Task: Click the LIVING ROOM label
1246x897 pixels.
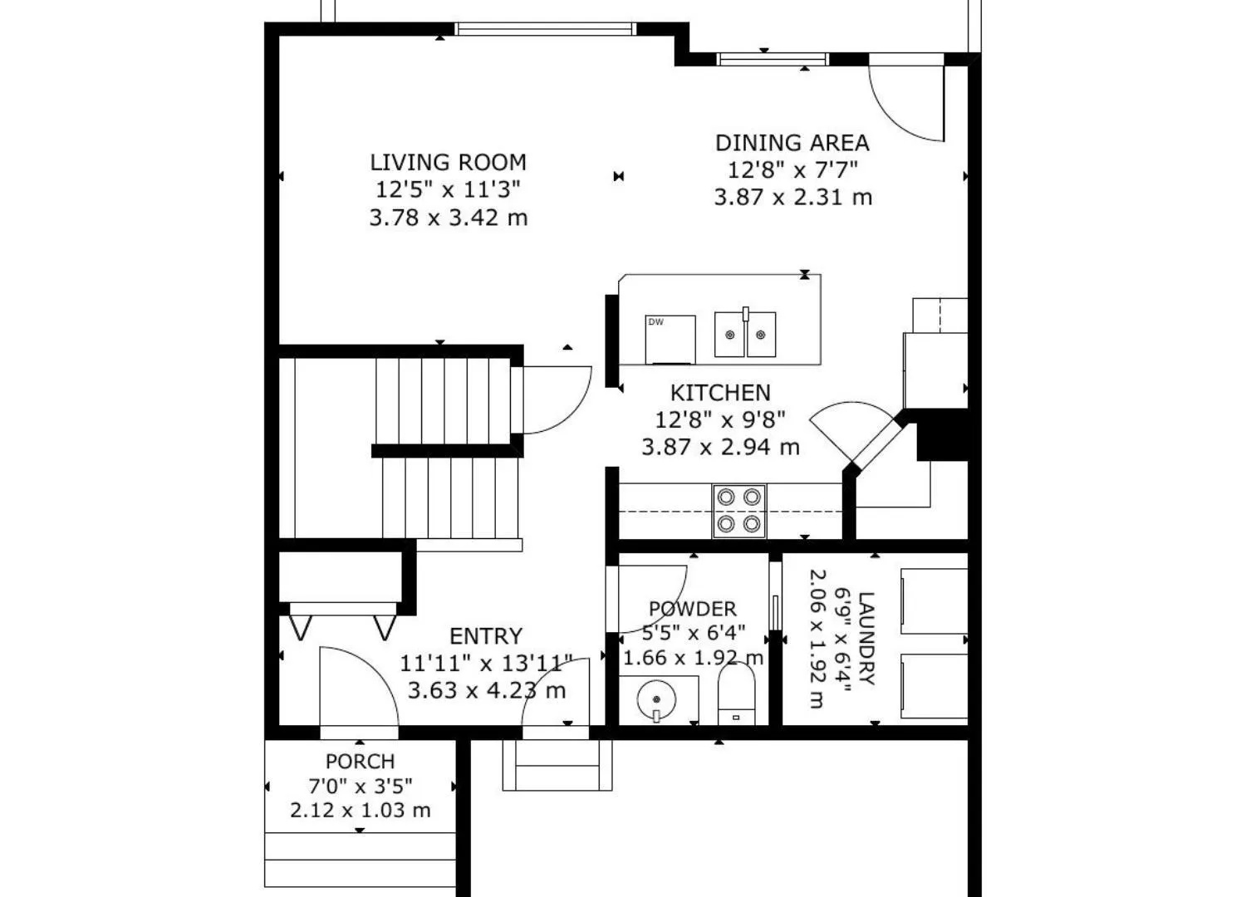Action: tap(449, 163)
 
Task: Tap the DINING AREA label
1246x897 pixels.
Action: tap(792, 143)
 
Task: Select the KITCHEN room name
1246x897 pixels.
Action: tap(720, 393)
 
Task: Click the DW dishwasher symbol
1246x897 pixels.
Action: tap(670, 340)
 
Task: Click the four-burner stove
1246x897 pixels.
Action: tap(739, 511)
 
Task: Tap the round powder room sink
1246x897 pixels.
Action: tap(656, 699)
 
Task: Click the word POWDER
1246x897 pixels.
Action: tap(693, 609)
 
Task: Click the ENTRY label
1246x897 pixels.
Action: tap(486, 636)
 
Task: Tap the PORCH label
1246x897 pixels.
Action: tap(360, 762)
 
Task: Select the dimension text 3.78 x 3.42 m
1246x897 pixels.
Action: tap(449, 218)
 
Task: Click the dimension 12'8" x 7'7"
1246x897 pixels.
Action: tap(792, 169)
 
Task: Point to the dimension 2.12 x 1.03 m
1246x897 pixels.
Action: tap(360, 811)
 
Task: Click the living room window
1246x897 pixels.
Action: tap(545, 29)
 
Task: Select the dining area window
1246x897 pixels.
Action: tap(772, 60)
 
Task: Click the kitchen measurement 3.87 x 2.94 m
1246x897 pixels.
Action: tap(720, 447)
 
